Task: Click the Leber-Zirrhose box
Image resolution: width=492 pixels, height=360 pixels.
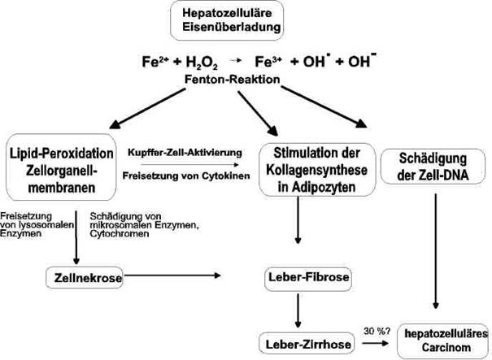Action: tap(307, 343)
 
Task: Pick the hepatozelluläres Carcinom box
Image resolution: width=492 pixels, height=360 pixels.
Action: tap(445, 342)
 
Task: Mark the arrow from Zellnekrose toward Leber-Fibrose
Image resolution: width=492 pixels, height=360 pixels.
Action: tap(172, 278)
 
